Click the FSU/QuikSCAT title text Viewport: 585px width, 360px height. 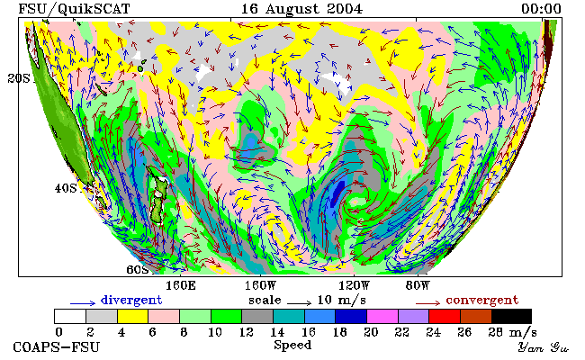click(74, 9)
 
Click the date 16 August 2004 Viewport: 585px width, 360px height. click(301, 9)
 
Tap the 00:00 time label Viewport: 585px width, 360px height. click(541, 9)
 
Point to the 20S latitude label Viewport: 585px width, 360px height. click(19, 78)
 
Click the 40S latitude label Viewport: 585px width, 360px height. click(66, 188)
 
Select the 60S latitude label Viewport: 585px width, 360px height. click(138, 269)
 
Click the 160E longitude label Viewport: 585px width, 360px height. click(181, 286)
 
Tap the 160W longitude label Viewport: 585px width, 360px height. click(260, 286)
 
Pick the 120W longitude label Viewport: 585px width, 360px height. click(354, 286)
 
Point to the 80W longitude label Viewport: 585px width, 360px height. click(418, 286)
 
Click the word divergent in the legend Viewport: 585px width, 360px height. click(131, 300)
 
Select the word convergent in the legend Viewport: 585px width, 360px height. click(482, 300)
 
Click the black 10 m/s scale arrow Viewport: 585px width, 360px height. click(299, 303)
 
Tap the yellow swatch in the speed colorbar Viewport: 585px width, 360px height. click(132, 316)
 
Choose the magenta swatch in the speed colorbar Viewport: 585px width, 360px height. click(382, 316)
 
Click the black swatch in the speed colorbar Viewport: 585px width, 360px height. click(511, 316)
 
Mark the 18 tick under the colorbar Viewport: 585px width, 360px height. click(339, 332)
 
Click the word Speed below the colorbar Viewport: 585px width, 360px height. click(292, 345)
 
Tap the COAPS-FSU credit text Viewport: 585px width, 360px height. click(57, 346)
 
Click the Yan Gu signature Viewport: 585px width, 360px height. click(544, 347)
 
